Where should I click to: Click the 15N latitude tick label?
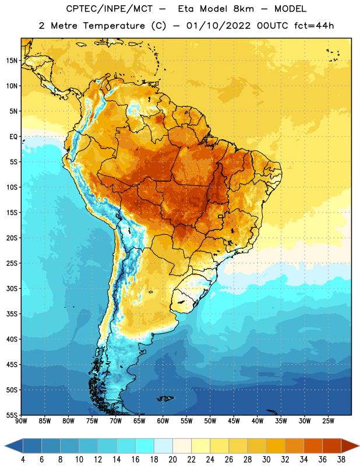tap(12, 61)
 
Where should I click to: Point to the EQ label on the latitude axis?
tap(13, 137)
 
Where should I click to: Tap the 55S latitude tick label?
tap(12, 415)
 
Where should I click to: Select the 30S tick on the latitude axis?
tap(12, 288)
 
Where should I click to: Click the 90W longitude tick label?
tap(21, 421)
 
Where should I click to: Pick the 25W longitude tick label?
tap(328, 421)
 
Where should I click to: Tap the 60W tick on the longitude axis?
tap(163, 421)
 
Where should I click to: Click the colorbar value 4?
tap(23, 460)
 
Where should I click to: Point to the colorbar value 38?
tap(341, 460)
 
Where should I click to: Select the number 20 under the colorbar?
tap(172, 460)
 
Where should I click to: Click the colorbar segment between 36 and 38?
tap(332, 446)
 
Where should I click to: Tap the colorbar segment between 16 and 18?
tap(145, 446)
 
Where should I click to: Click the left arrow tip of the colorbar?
tap(5, 446)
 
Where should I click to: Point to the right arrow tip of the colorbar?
tap(359, 446)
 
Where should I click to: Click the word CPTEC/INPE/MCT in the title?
tap(109, 9)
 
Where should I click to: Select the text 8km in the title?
tap(243, 9)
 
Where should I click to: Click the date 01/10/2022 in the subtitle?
tap(218, 26)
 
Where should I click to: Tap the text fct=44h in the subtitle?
tap(314, 26)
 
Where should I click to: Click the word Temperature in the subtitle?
tap(114, 26)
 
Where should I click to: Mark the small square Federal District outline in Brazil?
tap(221, 216)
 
